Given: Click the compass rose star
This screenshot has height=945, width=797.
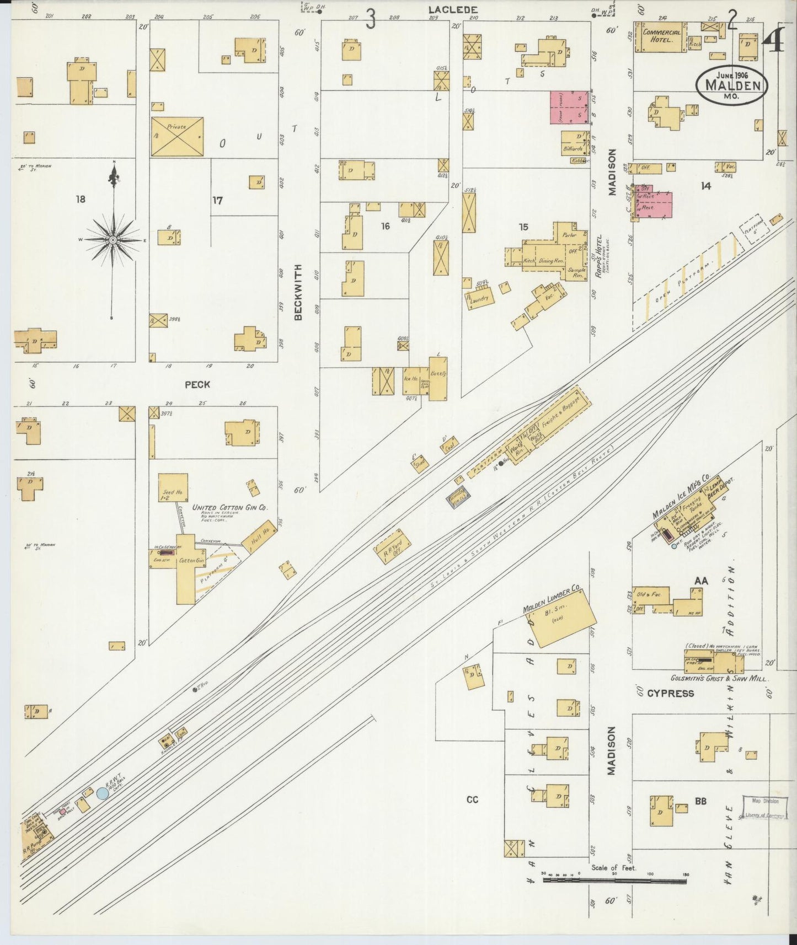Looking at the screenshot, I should tap(113, 240).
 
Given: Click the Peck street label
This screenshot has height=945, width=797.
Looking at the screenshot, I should tap(197, 385).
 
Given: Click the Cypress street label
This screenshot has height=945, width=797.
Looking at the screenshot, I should tap(670, 693).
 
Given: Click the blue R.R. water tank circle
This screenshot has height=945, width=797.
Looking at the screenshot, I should tap(103, 793).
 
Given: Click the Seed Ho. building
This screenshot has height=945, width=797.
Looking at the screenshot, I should tap(173, 487).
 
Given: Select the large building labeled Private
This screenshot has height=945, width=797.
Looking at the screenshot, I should tap(177, 136).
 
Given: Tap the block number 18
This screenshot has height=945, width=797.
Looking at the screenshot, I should tap(81, 199).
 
